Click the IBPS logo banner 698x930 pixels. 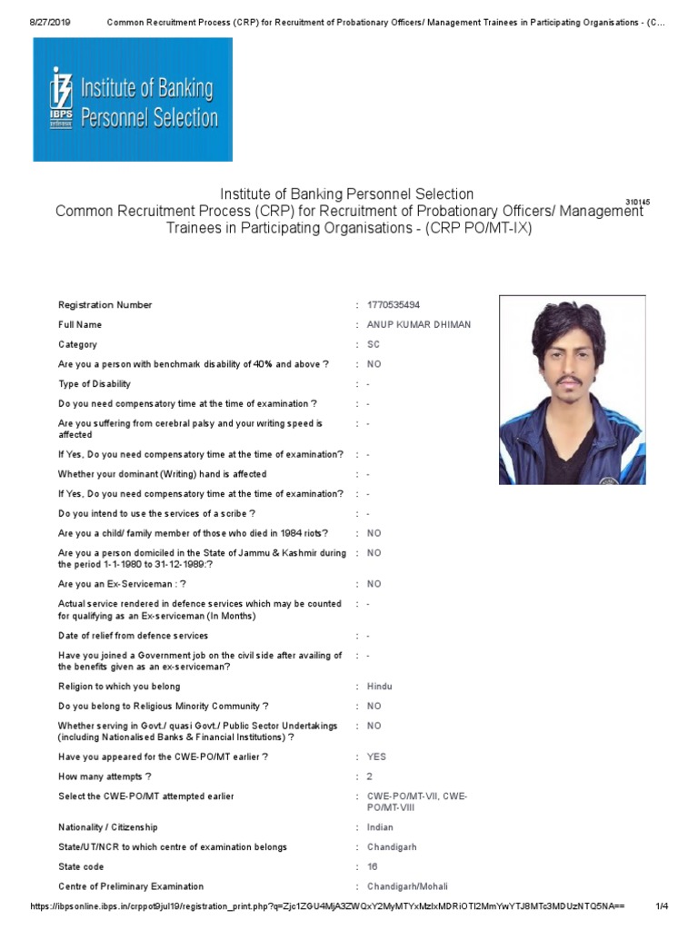point(133,100)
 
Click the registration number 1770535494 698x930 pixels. point(394,305)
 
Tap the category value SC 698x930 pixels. point(374,344)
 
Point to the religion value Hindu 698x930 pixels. point(380,687)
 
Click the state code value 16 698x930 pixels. point(373,866)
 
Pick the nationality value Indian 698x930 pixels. point(380,827)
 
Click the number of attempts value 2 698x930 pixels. point(370,777)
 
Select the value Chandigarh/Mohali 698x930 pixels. point(407,886)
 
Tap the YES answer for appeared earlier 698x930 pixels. point(376,757)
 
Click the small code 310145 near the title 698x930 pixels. point(638,202)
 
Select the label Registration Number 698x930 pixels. point(105,305)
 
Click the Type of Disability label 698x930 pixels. point(95,384)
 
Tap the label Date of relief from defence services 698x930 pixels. point(133,636)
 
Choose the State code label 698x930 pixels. point(81,866)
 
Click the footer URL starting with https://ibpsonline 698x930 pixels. point(327,906)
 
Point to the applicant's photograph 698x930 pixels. point(572,390)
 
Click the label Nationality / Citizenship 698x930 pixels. point(108,827)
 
